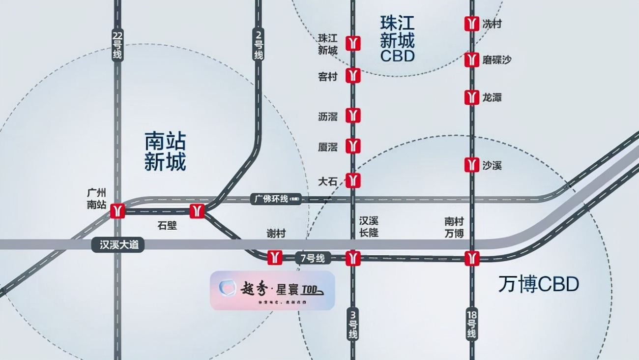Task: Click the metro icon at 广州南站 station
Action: tap(117, 210)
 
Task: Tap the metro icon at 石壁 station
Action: tap(197, 210)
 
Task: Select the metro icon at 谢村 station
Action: tap(275, 257)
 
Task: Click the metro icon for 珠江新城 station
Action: tap(353, 43)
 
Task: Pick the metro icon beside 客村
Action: tap(353, 76)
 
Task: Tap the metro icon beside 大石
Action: tap(353, 180)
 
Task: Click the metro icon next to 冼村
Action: tap(472, 24)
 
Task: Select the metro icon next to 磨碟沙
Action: tap(472, 60)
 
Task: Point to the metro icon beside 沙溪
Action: tap(472, 165)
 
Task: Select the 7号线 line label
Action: tap(314, 258)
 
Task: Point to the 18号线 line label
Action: tap(472, 324)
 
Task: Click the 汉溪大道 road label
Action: tap(118, 245)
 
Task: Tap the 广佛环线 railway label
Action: tap(276, 199)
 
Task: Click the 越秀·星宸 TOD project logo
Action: tap(272, 291)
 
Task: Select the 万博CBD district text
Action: tap(539, 284)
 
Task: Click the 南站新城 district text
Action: tap(165, 151)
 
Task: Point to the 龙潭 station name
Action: tap(492, 97)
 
